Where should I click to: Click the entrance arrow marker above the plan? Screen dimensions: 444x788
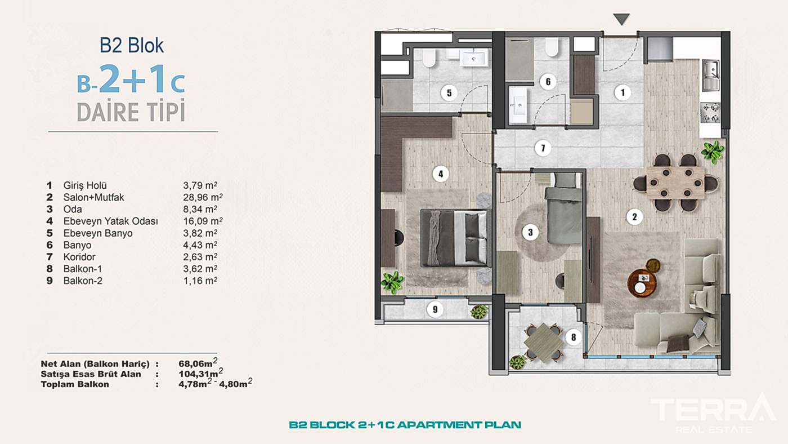(621, 20)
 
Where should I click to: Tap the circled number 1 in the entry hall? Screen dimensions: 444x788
(622, 92)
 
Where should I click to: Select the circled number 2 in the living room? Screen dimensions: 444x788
(634, 216)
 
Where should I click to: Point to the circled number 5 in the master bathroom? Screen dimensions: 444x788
(449, 93)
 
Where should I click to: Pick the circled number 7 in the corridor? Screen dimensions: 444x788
(543, 149)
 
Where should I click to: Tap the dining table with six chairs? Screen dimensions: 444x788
(675, 182)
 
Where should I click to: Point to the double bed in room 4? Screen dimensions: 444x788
(455, 238)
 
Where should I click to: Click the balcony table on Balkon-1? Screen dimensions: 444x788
(543, 340)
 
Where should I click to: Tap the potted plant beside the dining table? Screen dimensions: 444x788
(713, 152)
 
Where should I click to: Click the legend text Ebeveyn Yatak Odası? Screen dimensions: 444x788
(110, 221)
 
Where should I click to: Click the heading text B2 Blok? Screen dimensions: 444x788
(132, 45)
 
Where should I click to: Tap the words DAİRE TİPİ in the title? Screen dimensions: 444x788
(131, 112)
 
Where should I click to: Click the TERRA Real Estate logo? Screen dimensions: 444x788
(713, 412)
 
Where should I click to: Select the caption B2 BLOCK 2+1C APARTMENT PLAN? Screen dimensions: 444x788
(405, 425)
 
